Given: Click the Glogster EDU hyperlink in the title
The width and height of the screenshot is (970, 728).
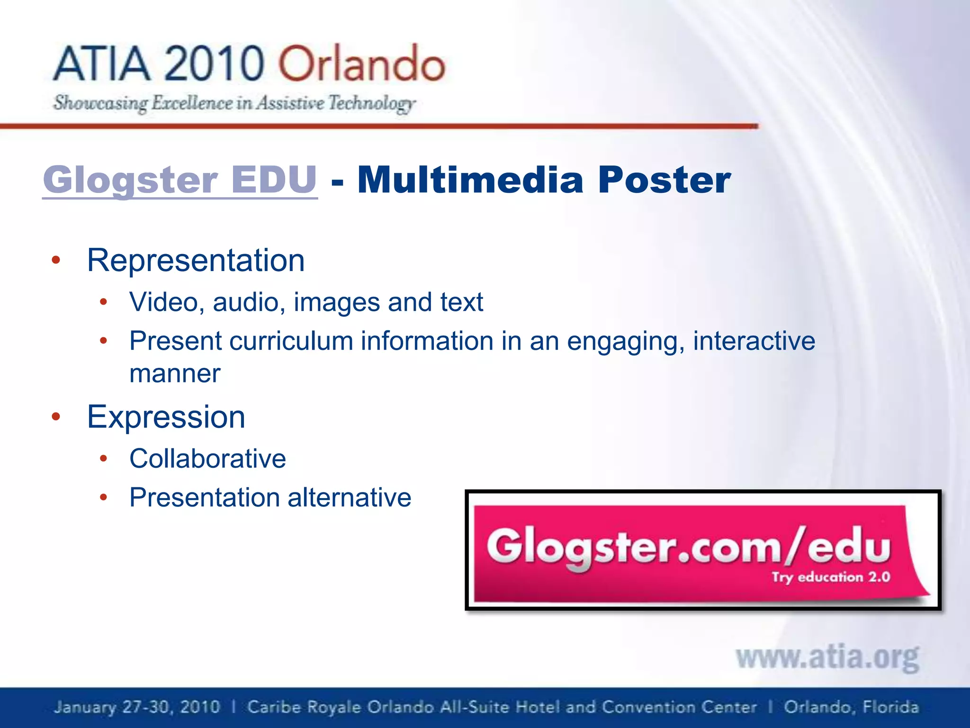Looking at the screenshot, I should tap(180, 180).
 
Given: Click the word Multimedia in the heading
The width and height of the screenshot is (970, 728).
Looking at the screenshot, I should tap(470, 180).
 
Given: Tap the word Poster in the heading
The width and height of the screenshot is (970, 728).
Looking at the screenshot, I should tap(665, 180).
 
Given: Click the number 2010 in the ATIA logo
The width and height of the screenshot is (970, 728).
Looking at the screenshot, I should tap(214, 64).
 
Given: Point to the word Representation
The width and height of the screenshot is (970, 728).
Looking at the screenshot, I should tap(196, 260).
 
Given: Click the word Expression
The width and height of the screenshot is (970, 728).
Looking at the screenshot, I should tap(166, 417).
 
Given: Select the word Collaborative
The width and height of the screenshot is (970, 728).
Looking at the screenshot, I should tap(207, 459).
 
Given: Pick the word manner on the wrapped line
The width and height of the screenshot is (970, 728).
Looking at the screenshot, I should tap(175, 373).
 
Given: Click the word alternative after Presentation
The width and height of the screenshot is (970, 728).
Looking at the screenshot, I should tap(349, 498).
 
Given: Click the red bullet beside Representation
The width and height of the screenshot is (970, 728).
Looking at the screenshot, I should tap(56, 260).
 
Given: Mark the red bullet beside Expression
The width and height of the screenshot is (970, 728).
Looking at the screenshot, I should tap(56, 417).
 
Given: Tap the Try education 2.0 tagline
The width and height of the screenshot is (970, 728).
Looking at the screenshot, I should tap(831, 577).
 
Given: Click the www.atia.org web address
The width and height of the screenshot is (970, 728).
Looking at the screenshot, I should tap(827, 658).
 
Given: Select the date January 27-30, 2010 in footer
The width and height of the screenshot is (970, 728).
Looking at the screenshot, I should tap(137, 707).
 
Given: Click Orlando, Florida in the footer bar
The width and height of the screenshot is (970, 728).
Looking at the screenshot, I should tap(851, 707).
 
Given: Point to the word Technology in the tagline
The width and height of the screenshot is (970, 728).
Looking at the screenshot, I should tap(372, 103).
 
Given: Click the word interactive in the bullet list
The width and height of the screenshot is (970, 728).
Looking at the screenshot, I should tap(754, 341).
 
